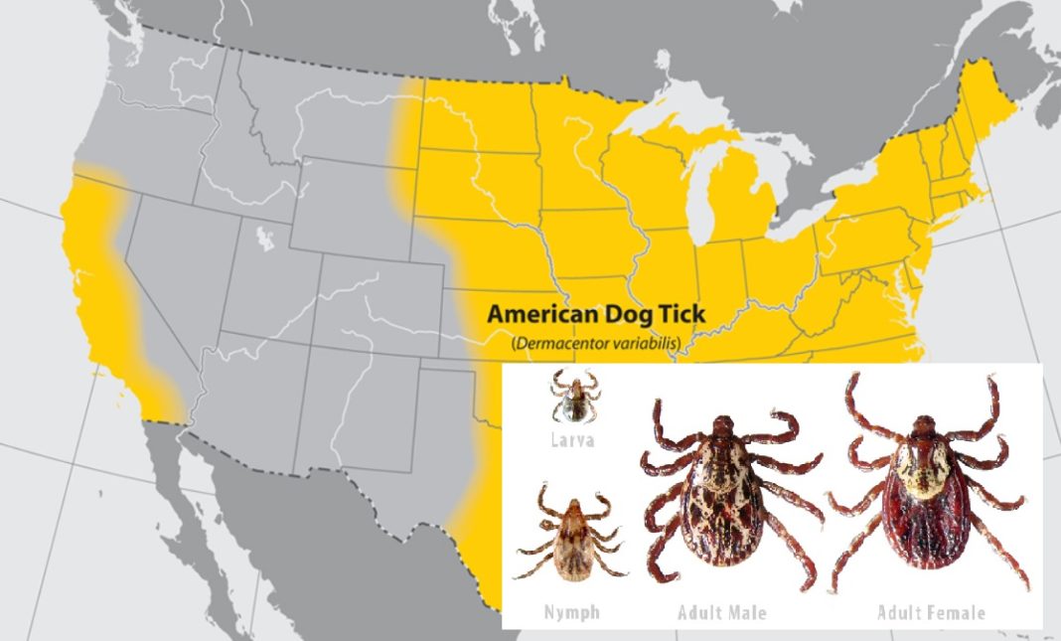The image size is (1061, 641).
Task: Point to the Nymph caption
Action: [x=571, y=612]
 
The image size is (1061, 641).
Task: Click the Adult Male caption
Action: [x=722, y=612]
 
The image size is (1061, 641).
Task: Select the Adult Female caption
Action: [x=931, y=612]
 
